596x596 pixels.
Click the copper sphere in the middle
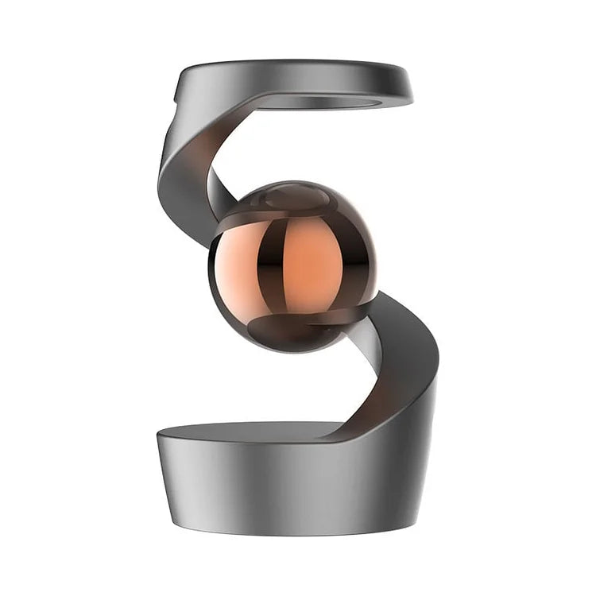coord(292,267)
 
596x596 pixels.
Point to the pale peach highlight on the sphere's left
coord(236,266)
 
